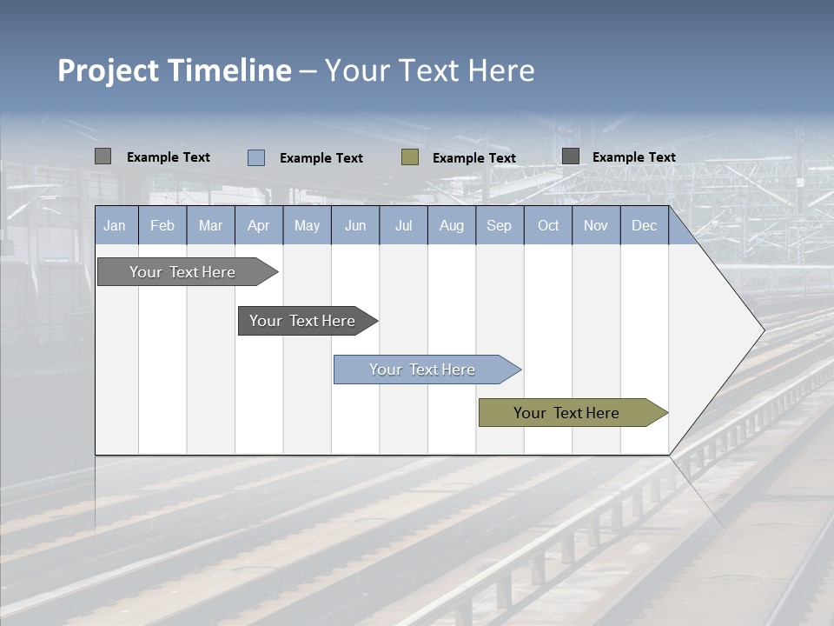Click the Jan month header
coord(115,226)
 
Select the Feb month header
coord(162,226)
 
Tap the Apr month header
coord(258,226)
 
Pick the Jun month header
coord(355,226)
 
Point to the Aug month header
coord(452,226)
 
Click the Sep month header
coord(500,226)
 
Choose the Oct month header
coord(548,226)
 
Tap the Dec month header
coord(645,226)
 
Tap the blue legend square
coord(256,157)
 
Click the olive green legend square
coord(410,157)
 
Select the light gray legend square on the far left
coord(103,156)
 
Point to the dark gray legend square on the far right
coord(571,156)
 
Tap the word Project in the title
coord(109,70)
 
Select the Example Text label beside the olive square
coord(474,158)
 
